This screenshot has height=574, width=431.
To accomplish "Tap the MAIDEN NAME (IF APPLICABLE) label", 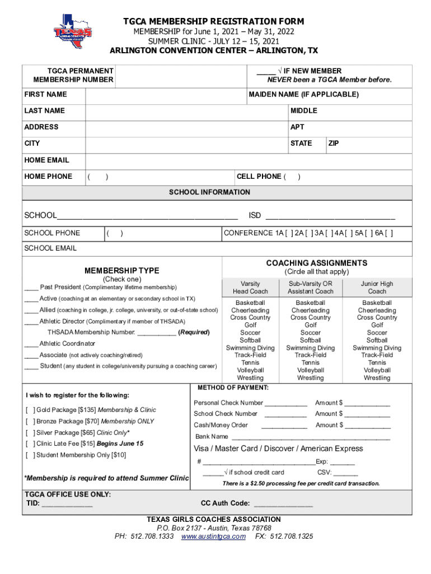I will coord(303,95).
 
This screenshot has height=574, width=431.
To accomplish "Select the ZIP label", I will coord(334,143).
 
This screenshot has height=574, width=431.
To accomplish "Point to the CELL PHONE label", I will coord(259,177).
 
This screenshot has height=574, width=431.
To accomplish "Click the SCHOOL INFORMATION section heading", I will coord(209,192).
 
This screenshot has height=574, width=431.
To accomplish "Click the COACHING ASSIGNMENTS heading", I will coord(316,263).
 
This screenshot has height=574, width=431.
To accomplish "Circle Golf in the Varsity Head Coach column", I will coord(250,325).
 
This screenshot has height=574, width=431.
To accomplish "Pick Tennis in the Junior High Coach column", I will coord(377,363).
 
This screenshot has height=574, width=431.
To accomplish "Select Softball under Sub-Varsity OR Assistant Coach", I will coord(310,340).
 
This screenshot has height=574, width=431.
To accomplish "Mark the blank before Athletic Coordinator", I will coord(31,344).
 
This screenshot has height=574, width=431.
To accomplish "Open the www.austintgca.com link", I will coord(213,536).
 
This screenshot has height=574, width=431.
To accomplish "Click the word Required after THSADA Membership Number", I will coord(194,332).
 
